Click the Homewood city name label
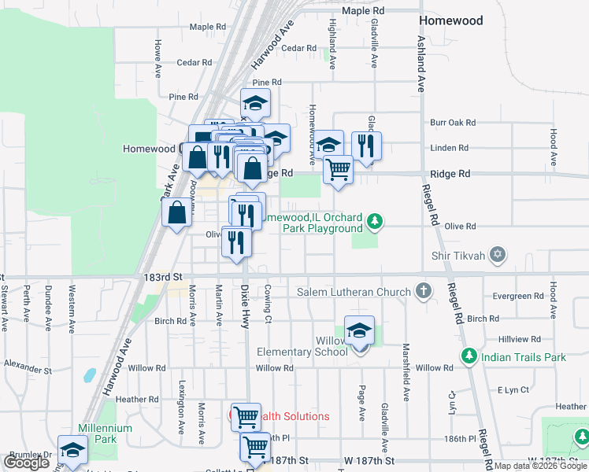point(450,20)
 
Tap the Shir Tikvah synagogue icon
point(497,255)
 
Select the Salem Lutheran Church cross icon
point(424,292)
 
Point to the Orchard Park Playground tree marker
point(376,223)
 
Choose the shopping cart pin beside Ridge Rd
point(338,168)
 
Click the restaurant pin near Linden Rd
point(366,146)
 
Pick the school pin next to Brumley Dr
point(72,453)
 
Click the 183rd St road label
point(167,278)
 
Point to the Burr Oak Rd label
point(454,123)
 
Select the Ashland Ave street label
point(421,64)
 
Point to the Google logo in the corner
point(26,463)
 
